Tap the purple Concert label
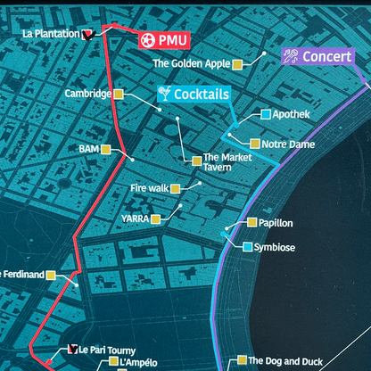pyautogui.click(x=320, y=56)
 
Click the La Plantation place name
pyautogui.click(x=51, y=35)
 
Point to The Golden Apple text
pyautogui.click(x=190, y=64)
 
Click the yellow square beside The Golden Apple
pyautogui.click(x=237, y=64)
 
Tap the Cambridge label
pyautogui.click(x=87, y=94)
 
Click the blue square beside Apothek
pyautogui.click(x=266, y=114)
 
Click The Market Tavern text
pyautogui.click(x=228, y=163)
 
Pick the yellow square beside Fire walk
pyautogui.click(x=175, y=188)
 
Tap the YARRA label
pyautogui.click(x=135, y=218)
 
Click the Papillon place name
pyautogui.click(x=276, y=223)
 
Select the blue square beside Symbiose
pyautogui.click(x=247, y=246)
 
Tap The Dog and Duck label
pyautogui.click(x=285, y=361)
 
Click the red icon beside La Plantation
pyautogui.click(x=87, y=35)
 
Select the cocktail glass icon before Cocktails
pyautogui.click(x=163, y=93)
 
